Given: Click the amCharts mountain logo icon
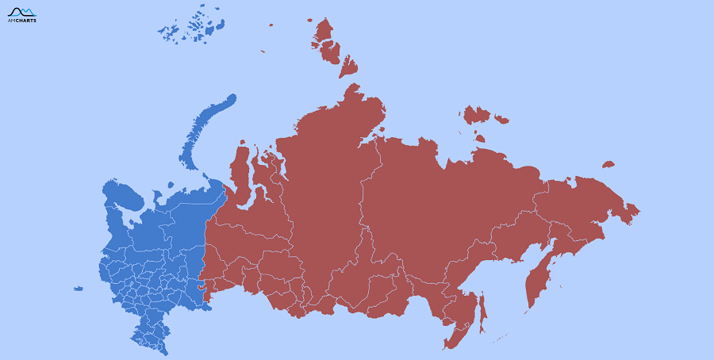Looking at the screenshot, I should tap(21, 11).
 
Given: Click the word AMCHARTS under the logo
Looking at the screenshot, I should tap(21, 21).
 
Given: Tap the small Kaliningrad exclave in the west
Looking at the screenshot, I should tap(78, 289).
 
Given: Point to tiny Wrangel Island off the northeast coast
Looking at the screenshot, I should tap(608, 164).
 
